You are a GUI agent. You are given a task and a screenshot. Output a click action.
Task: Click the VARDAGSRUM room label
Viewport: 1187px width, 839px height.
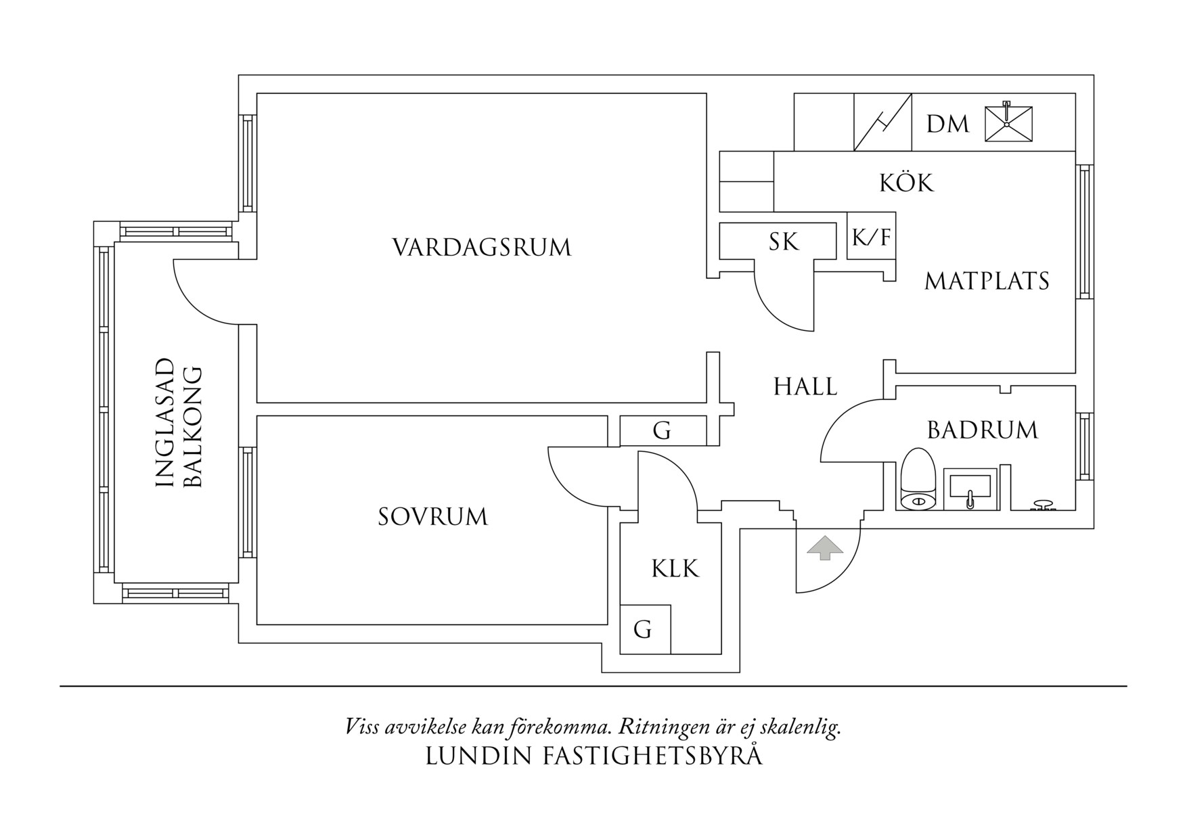pos(482,247)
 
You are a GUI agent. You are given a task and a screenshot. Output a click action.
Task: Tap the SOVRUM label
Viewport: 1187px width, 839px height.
pos(432,517)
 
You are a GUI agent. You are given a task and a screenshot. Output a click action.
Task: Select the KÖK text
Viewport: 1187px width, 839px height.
pos(906,183)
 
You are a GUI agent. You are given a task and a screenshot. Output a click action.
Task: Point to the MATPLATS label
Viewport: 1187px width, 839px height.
pos(986,281)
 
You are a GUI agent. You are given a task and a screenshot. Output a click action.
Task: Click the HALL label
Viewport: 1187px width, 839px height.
pos(805,387)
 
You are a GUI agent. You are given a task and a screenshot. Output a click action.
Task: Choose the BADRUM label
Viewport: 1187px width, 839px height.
pos(982,430)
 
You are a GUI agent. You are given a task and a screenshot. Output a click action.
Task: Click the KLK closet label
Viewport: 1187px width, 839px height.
pos(675,568)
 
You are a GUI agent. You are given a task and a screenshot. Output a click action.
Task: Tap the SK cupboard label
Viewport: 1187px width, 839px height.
pos(783,242)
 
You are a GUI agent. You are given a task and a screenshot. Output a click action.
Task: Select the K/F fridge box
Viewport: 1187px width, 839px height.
pos(871,237)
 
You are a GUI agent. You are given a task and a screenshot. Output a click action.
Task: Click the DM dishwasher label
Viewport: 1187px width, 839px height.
pos(947,124)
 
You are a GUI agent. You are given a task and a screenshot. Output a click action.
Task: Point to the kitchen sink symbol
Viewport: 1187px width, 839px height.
pos(1008,123)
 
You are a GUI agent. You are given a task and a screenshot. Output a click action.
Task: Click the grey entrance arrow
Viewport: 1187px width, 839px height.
pos(824,547)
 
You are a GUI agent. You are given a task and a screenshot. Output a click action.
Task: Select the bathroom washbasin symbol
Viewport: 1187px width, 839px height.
pos(970,487)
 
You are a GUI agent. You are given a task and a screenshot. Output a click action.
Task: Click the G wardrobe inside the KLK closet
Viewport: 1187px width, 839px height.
pos(643,630)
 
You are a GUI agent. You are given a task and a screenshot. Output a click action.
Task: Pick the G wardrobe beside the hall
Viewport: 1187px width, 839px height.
pos(662,431)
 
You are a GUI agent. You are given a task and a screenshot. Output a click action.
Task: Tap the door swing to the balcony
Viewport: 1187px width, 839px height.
pos(203,291)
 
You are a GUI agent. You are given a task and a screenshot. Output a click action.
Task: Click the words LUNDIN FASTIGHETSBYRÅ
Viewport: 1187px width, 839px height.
pos(593,756)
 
